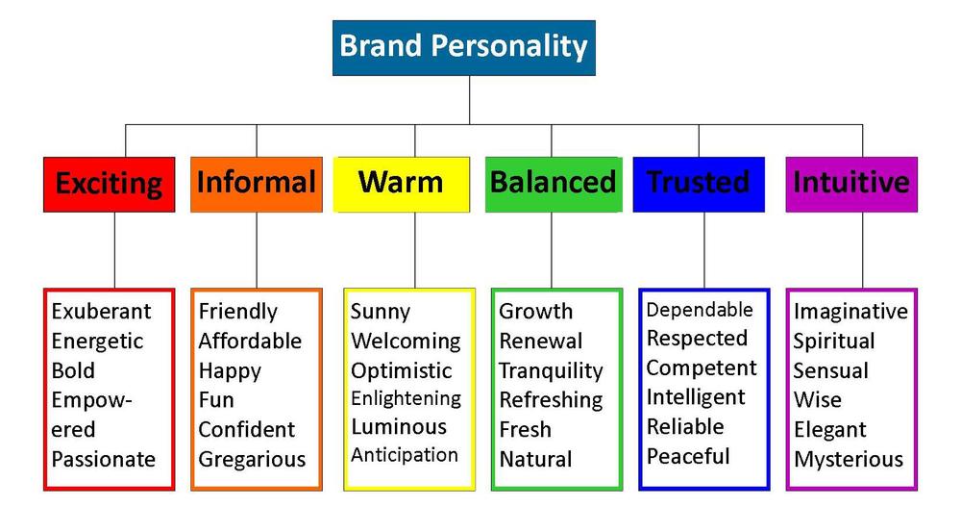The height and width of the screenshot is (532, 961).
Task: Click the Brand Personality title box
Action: point(464,48)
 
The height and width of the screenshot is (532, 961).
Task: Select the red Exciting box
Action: point(110,184)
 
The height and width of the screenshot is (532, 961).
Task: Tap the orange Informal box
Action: point(257,184)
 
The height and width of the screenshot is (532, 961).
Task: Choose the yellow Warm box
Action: point(402,184)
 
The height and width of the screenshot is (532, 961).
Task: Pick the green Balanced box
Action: point(554,184)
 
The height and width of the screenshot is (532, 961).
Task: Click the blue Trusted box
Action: point(699,184)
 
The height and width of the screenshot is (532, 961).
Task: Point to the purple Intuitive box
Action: point(851,184)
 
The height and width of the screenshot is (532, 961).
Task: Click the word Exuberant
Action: point(101,311)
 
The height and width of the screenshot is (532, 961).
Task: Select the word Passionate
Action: point(104,459)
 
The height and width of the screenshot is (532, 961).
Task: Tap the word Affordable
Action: point(250,341)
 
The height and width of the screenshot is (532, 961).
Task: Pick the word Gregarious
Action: point(252,460)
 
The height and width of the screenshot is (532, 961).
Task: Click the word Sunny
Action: point(380,312)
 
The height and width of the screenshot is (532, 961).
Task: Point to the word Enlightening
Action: point(406,399)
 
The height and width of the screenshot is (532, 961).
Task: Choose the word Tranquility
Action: point(551,370)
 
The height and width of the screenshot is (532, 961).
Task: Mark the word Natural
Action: point(535,459)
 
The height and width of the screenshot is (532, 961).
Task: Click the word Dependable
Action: point(700,310)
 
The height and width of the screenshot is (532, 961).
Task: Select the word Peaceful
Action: point(688,457)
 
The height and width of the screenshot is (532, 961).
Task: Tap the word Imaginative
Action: point(850,312)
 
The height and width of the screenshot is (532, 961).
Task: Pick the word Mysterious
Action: point(849,460)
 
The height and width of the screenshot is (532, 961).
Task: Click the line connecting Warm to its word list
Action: point(415,250)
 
